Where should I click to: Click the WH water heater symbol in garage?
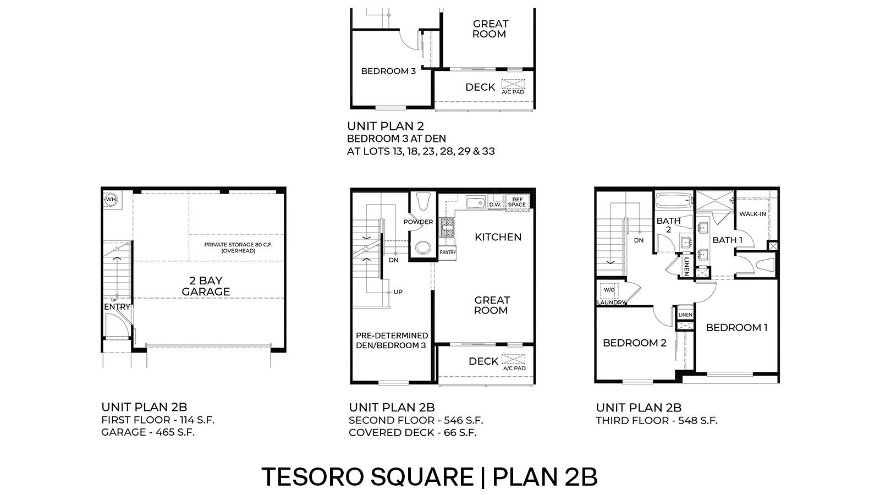(111, 200)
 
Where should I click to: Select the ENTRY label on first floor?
(117, 307)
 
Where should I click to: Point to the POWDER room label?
(418, 222)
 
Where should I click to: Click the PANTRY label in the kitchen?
(448, 252)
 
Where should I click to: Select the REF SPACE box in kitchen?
(516, 202)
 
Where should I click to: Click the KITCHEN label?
(498, 237)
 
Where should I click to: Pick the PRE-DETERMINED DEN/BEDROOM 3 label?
(392, 340)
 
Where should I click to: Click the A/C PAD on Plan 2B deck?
(514, 362)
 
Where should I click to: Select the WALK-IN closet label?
(752, 214)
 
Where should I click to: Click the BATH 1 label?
(727, 240)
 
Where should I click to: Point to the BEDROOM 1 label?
(736, 328)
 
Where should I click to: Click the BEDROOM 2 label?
(634, 343)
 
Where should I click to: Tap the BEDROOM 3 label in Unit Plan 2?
(388, 71)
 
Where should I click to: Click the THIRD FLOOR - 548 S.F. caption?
(657, 421)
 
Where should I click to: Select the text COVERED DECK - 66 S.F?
(413, 432)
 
